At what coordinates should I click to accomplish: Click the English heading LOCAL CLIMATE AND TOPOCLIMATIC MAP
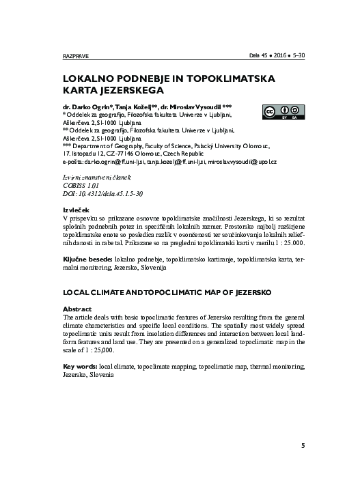click(167, 292)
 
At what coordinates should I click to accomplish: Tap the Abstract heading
click(77, 309)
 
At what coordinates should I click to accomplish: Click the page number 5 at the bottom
click(303, 446)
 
